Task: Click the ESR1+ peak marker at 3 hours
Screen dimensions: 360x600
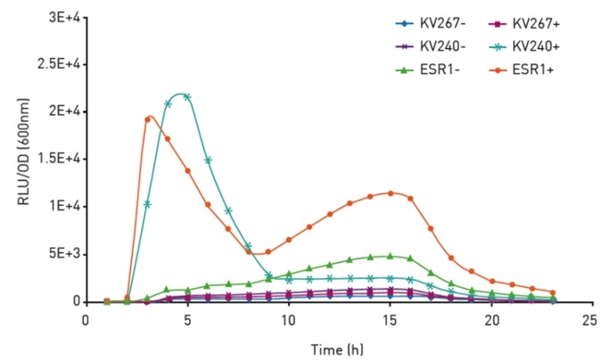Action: pos(147,119)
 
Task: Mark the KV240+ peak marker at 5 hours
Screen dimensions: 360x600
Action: pos(187,96)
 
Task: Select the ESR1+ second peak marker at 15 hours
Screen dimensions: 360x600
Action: pos(390,193)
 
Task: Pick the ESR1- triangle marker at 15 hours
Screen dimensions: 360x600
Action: pos(390,256)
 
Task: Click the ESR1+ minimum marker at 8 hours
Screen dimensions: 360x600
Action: pos(249,252)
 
